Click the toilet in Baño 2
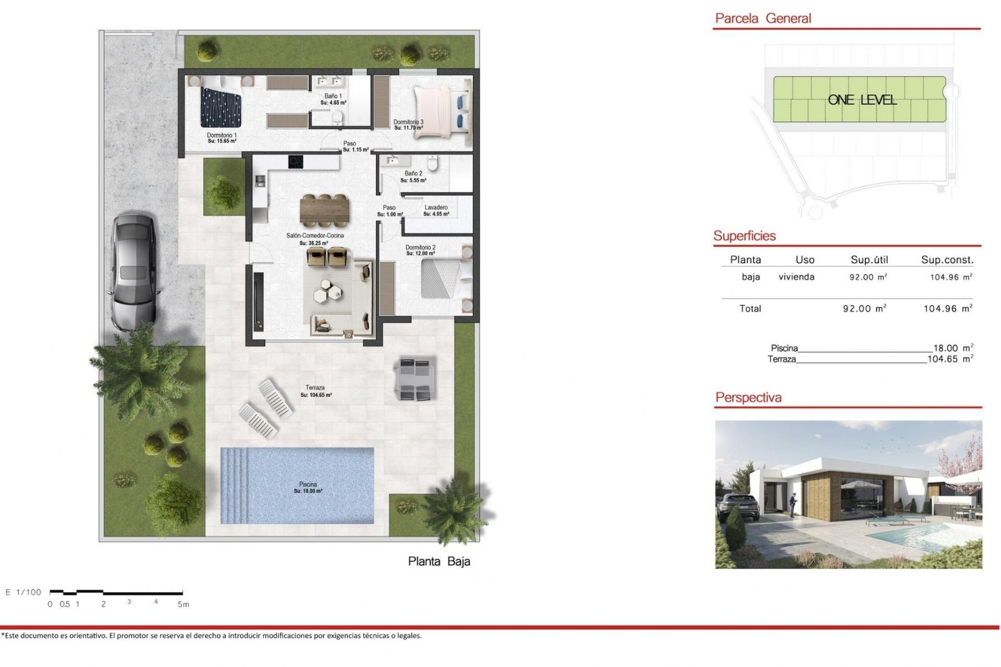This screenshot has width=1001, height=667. click(432, 163)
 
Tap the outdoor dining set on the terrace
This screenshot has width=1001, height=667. click(415, 379)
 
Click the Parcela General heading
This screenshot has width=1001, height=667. click(763, 19)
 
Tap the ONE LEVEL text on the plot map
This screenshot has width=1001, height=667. click(862, 100)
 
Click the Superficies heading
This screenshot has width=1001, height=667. click(744, 236)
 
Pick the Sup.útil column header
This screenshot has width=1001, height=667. click(869, 260)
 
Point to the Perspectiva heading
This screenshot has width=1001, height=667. click(748, 398)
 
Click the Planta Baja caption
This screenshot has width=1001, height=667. click(439, 561)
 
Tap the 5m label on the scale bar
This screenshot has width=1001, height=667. click(183, 604)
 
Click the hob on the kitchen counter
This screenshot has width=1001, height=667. click(296, 162)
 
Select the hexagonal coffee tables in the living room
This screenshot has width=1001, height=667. click(329, 290)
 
